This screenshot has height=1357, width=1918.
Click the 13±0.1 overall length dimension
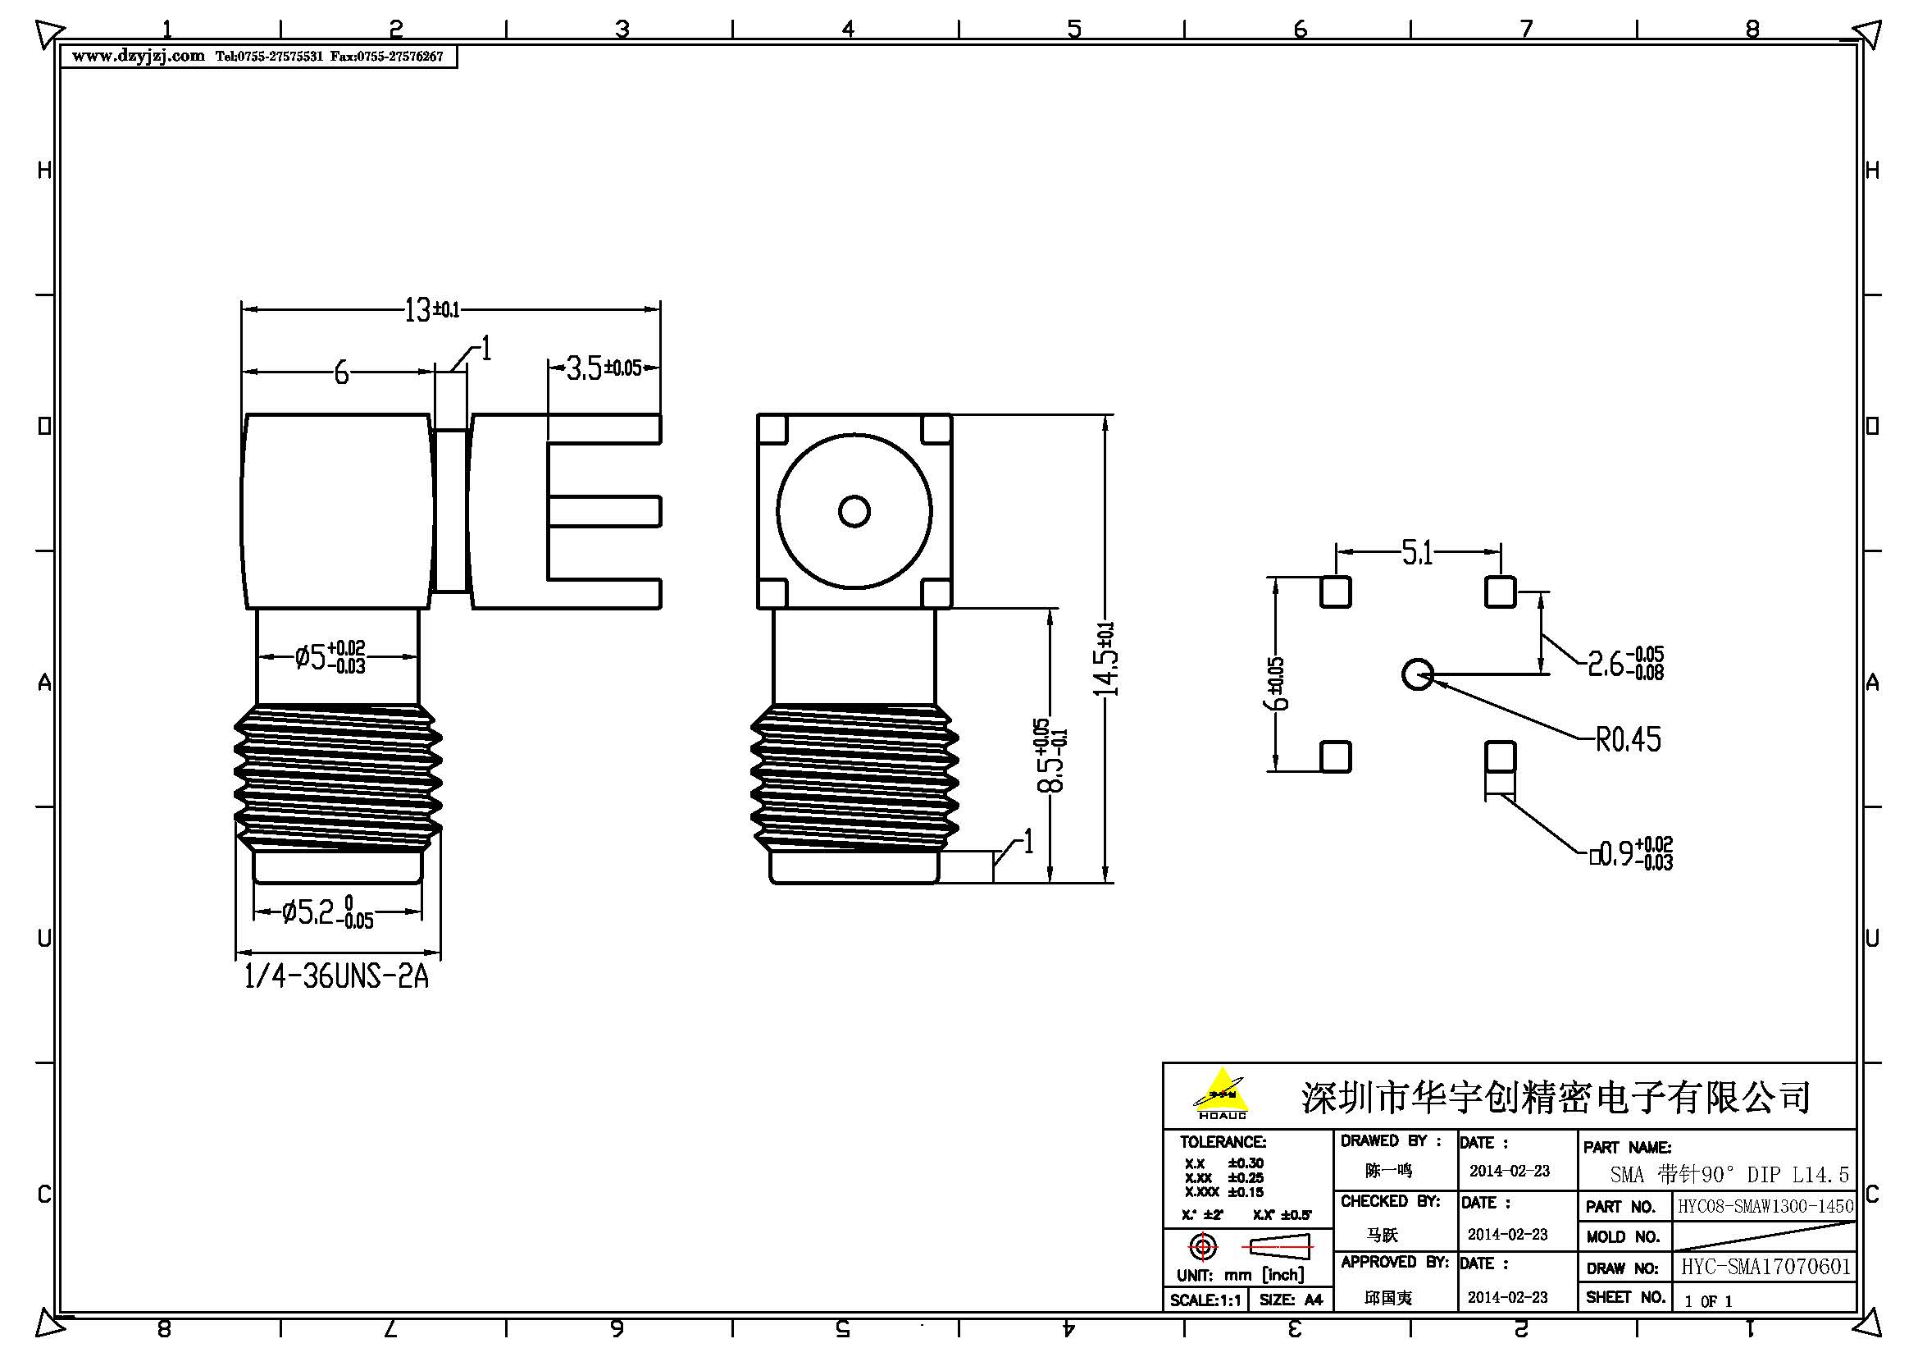coord(431,310)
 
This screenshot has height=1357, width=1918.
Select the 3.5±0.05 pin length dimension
coord(604,368)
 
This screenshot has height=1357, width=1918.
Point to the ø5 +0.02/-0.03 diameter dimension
coord(330,658)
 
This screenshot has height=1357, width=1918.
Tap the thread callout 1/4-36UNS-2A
coord(336,976)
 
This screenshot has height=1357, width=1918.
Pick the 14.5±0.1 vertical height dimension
coord(1106,660)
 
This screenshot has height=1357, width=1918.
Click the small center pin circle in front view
coord(854,511)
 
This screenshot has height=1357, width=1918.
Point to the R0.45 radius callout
coord(1627,739)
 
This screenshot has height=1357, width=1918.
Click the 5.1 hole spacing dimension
coord(1417,552)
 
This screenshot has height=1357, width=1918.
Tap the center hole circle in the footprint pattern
coord(1417,674)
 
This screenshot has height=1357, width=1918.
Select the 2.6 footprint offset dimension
coord(1624,664)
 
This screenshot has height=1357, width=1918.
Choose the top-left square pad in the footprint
coord(1335,592)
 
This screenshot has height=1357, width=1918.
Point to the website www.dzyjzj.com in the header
coord(138,56)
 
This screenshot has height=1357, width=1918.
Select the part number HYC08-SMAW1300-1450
coord(1765,1207)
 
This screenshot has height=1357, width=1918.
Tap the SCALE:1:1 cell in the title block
coord(1205,1300)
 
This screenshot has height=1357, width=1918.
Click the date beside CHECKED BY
coord(1508,1234)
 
